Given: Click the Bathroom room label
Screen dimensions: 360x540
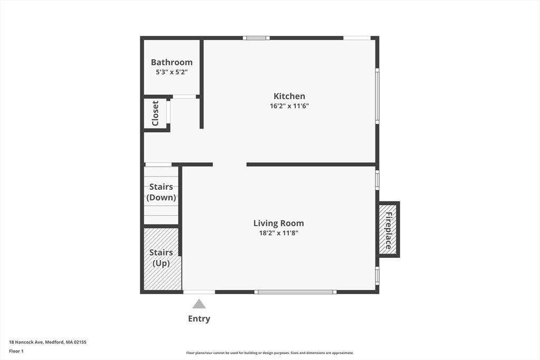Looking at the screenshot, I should pos(171,62).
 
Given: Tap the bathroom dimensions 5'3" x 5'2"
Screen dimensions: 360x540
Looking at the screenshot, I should pos(171,72).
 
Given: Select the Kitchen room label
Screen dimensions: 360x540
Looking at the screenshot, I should pos(289,96).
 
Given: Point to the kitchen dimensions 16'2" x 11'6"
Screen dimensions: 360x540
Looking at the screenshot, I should pos(289,106).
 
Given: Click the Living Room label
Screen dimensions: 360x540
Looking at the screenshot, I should pos(278,223).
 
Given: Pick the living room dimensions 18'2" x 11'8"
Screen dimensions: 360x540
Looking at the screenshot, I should pos(278,233).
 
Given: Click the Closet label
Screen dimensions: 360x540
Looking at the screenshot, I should pos(156,113).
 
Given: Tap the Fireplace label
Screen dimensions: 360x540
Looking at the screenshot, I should pos(389,230).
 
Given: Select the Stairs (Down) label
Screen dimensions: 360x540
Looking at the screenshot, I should pos(161,192).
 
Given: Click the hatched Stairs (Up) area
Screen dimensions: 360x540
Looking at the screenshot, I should pos(161,258).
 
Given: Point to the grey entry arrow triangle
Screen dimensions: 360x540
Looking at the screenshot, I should pos(199,304).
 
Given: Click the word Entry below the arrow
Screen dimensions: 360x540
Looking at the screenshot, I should pos(199,319).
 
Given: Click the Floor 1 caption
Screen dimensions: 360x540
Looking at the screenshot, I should pos(16,351).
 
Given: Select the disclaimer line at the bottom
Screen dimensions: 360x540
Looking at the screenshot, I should pos(269,353).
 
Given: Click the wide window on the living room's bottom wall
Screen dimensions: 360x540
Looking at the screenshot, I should pos(295,291).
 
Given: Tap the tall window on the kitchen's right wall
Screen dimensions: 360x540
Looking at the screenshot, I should pos(377,96).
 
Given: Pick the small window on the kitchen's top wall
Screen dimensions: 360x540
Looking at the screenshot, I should pos(256,38).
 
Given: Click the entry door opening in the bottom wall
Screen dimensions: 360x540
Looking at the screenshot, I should pos(199,291).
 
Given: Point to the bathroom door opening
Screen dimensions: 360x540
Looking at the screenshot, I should pos(185,96).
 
